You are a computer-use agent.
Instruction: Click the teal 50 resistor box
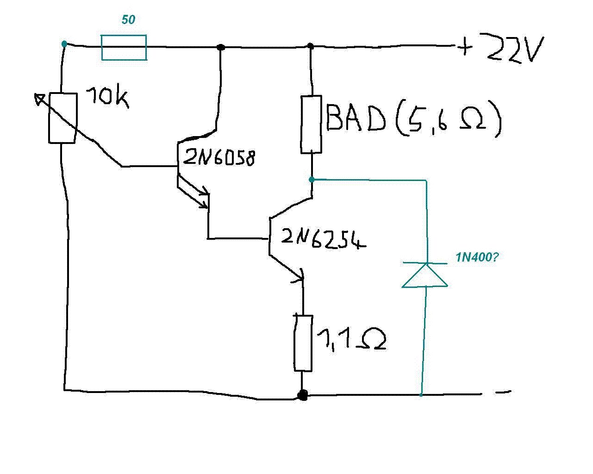tap(124, 47)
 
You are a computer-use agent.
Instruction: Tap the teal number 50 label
tap(128, 20)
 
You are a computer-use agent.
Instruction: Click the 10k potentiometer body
tap(62, 118)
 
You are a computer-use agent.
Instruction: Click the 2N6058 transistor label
tap(219, 158)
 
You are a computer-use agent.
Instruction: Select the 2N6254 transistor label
tap(323, 239)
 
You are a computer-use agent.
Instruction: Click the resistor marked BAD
tap(311, 124)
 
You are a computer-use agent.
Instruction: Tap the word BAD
tap(356, 118)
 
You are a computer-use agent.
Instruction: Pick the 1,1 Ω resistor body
tap(303, 343)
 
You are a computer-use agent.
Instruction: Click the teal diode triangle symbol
tap(424, 275)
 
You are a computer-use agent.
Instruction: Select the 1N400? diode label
tap(477, 257)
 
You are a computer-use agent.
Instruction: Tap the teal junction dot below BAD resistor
tap(312, 179)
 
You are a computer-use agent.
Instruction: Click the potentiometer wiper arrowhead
tap(39, 98)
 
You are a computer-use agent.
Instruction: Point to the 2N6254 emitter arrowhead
tap(300, 277)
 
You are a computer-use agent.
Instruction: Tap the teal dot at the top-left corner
tap(64, 44)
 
